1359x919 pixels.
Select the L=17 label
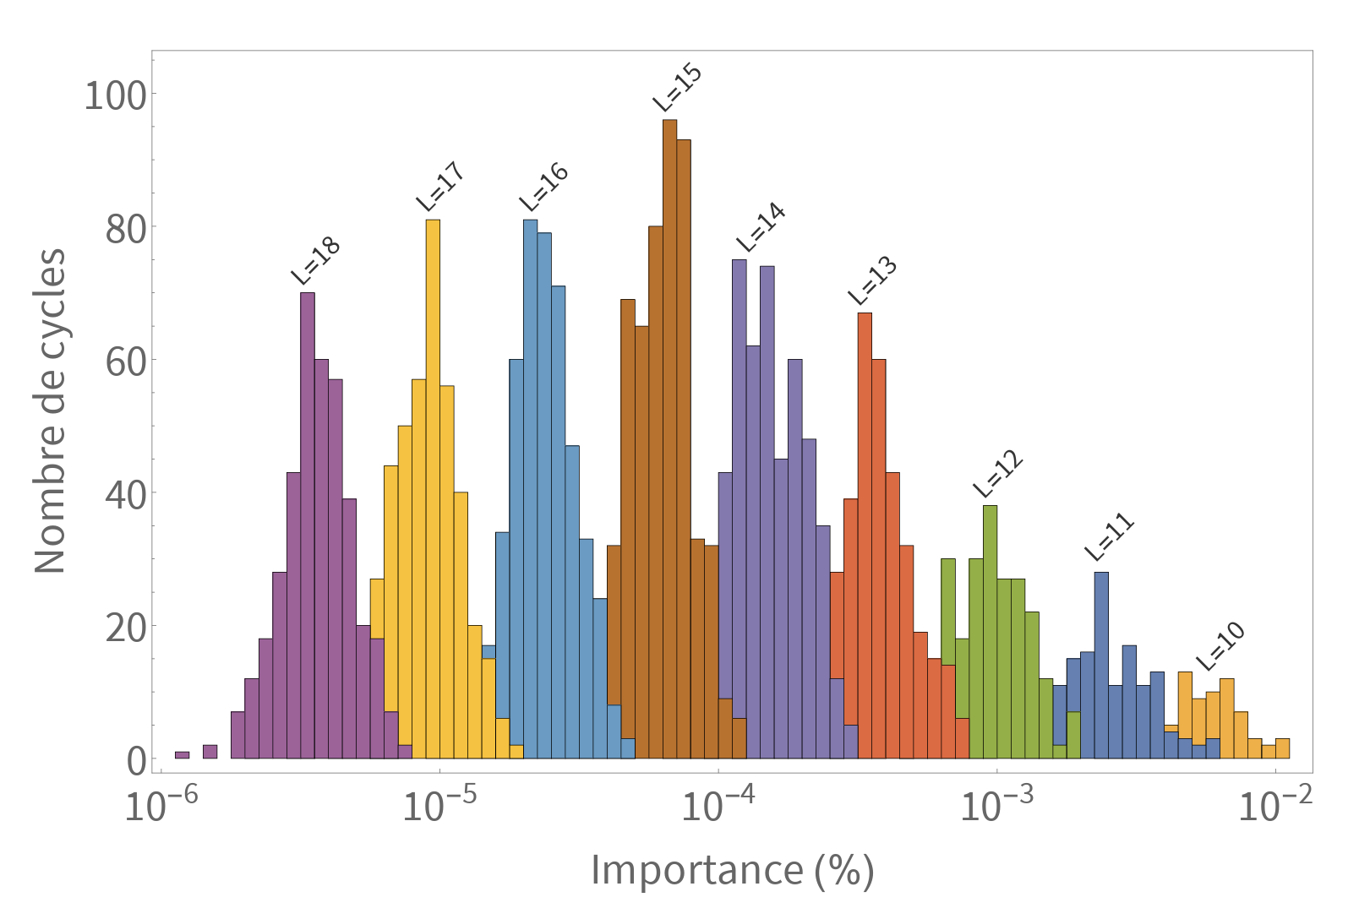440,187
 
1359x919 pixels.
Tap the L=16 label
543,187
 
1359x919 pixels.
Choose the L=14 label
761,227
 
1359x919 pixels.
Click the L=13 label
872,280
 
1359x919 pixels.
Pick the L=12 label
998,474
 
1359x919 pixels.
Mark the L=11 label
1109,537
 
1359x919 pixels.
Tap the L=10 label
1220,645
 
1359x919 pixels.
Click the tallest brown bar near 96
669,439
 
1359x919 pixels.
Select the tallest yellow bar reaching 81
433,490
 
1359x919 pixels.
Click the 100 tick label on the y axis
115,95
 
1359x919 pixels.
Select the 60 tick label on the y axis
125,362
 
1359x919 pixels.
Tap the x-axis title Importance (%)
732,870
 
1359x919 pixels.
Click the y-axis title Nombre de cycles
50,411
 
